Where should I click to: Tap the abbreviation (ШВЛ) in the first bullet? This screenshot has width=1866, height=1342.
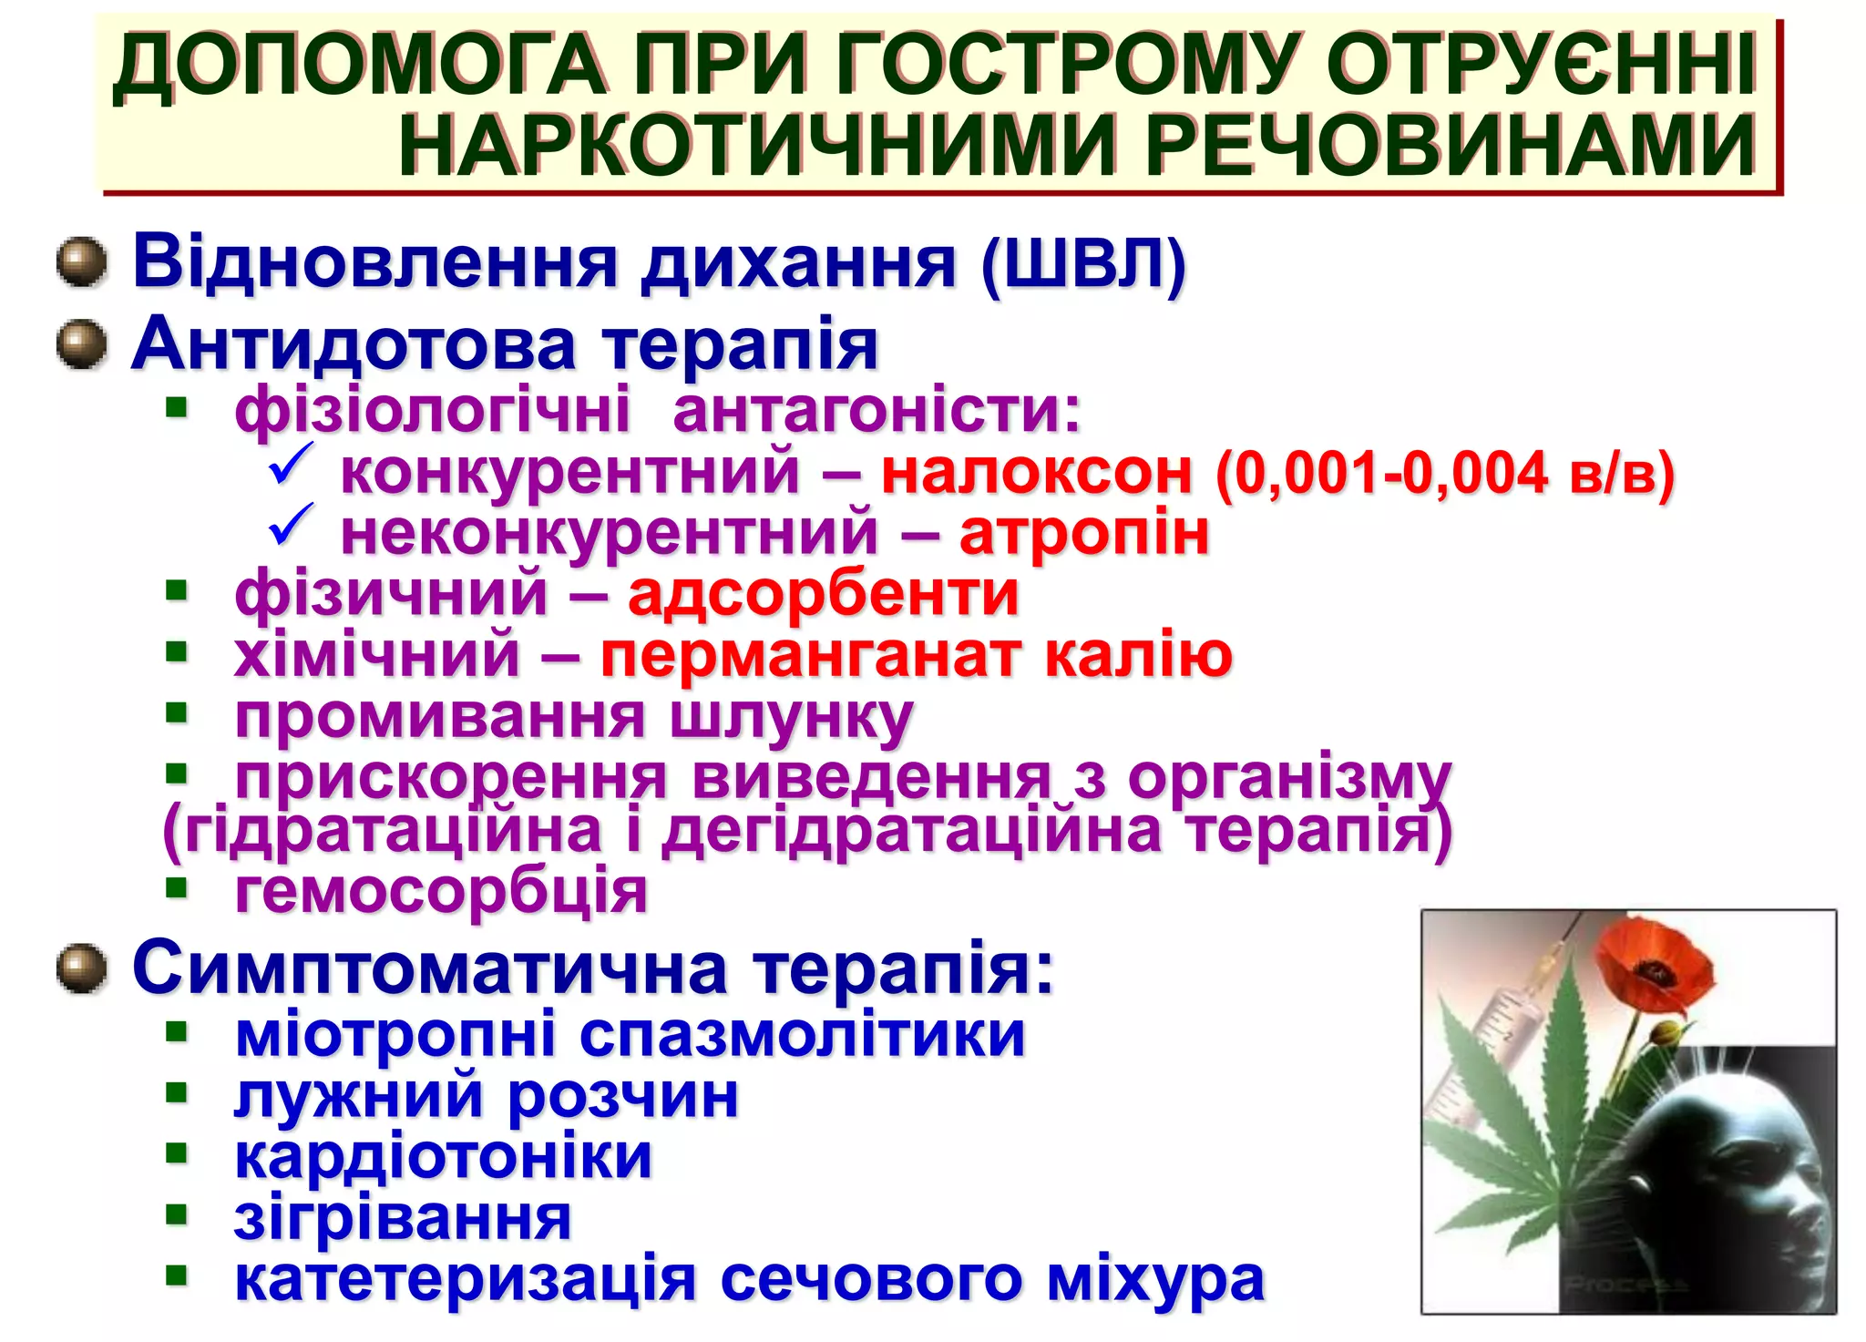click(1083, 263)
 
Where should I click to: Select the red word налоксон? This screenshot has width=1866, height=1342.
click(1036, 473)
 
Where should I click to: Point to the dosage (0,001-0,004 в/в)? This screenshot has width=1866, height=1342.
click(1445, 473)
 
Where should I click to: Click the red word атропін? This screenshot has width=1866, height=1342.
click(1084, 533)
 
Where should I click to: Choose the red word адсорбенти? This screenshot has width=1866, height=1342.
click(823, 594)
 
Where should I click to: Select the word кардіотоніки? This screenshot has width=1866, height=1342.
click(444, 1157)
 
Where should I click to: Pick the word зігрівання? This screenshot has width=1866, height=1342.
click(403, 1218)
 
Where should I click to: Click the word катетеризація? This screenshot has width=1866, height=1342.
click(466, 1279)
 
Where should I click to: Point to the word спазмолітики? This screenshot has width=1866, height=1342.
click(802, 1035)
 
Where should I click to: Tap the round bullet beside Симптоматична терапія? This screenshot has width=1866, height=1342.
click(82, 968)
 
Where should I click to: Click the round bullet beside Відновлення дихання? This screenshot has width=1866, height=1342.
click(82, 262)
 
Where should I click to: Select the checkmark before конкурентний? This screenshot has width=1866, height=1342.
click(291, 465)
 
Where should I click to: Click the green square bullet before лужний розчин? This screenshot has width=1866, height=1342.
click(176, 1093)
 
